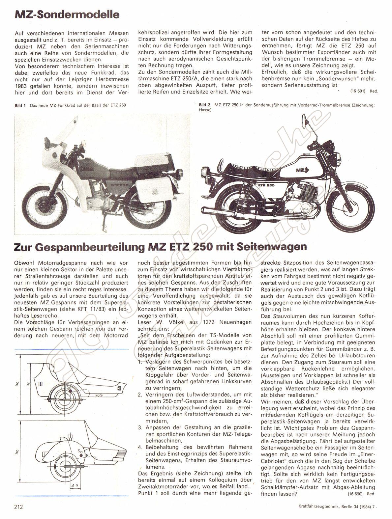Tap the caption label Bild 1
coord(20,105)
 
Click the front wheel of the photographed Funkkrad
coord(37,204)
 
